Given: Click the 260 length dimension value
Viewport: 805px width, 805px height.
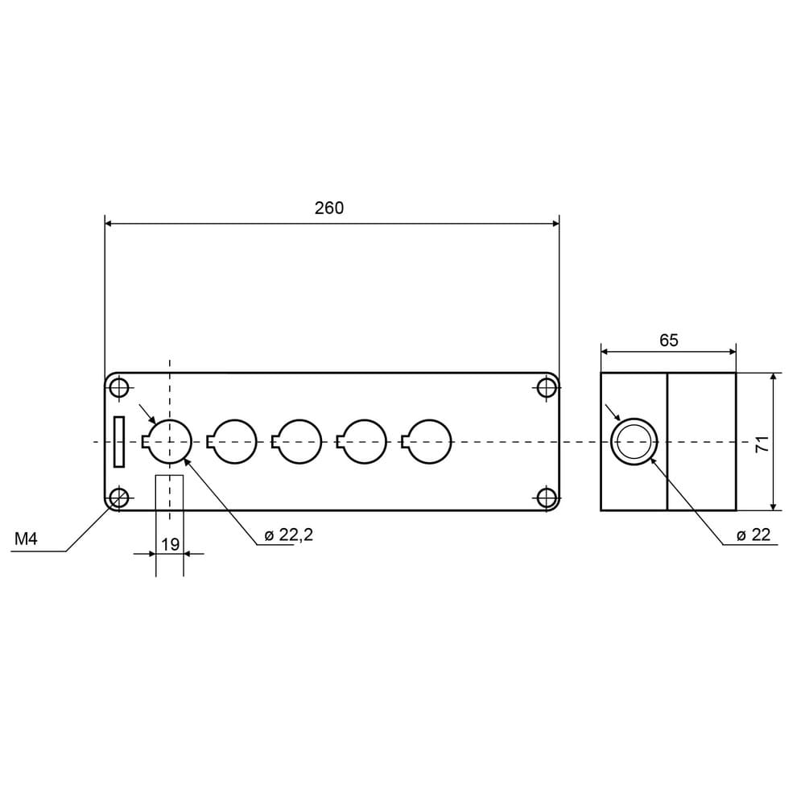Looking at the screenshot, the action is [x=329, y=208].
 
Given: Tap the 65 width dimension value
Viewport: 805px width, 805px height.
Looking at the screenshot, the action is [x=668, y=341].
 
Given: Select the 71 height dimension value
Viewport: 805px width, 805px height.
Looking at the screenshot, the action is [x=762, y=443].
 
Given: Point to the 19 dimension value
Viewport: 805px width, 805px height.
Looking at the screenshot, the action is [x=170, y=544].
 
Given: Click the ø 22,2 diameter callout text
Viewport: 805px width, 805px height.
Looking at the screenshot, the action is [x=288, y=535].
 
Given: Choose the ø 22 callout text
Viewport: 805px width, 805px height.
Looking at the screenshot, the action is [x=753, y=535].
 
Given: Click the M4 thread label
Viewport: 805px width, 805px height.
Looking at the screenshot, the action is [x=26, y=539].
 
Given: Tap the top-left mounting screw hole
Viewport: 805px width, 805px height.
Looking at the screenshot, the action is [x=119, y=388].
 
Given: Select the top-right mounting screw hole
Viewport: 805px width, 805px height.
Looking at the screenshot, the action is [x=547, y=388].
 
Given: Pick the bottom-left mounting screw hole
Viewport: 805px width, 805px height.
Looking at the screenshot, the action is [x=119, y=497].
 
